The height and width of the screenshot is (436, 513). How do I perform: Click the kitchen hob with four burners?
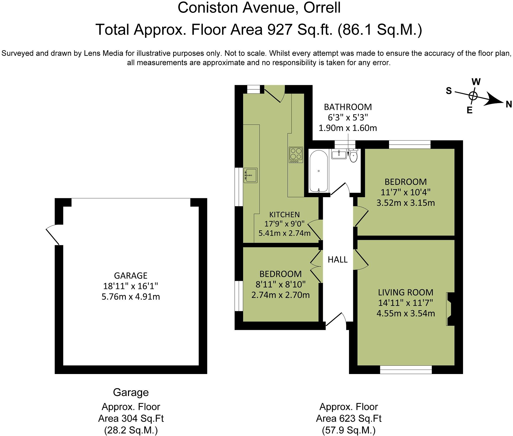tap(296, 155)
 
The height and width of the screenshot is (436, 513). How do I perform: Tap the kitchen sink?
tap(250, 175)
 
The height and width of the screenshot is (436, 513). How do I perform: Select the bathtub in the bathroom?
tap(318, 171)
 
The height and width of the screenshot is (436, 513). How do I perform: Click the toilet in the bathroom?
tap(353, 156)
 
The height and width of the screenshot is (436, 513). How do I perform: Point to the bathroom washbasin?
tap(339, 154)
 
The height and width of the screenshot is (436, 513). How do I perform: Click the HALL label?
tap(337, 259)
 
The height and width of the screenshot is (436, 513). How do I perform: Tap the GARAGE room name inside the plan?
tap(131, 275)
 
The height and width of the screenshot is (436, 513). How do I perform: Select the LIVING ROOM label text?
tap(405, 292)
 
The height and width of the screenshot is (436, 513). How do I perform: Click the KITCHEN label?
tap(284, 215)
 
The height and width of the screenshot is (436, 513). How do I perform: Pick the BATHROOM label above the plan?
tap(348, 107)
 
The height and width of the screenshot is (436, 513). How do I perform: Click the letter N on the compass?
tap(508, 104)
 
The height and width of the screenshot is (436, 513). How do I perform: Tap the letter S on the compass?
tap(449, 91)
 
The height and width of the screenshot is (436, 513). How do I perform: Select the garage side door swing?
tap(52, 235)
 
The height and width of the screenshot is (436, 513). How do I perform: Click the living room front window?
tap(406, 370)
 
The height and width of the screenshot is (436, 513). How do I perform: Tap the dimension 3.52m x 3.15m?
tap(405, 203)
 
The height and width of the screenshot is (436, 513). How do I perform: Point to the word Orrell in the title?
tap(322, 8)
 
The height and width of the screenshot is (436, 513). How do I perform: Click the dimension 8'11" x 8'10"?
tap(280, 284)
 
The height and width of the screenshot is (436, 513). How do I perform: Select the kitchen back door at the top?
tap(274, 94)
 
